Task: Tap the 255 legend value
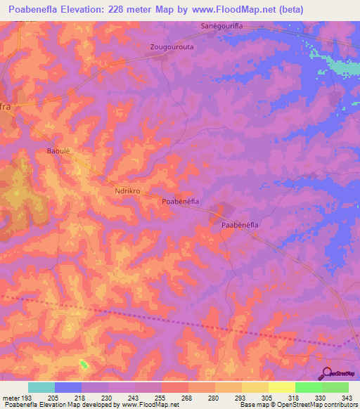pos(161,398)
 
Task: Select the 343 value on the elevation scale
pos(348,398)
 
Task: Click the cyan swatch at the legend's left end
pos(41,387)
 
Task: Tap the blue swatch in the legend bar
pos(68,387)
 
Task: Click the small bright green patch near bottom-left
pos(84,363)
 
